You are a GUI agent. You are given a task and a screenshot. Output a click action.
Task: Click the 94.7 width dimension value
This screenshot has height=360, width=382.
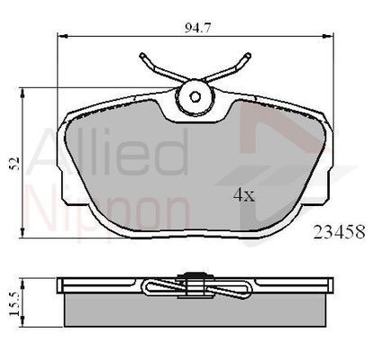click(198, 28)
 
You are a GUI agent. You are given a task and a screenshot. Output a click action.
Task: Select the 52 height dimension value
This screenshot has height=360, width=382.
click(14, 163)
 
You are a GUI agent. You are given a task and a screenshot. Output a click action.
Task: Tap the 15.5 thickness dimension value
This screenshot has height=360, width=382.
click(14, 304)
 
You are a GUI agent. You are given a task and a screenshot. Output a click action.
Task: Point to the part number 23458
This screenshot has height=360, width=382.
click(340, 232)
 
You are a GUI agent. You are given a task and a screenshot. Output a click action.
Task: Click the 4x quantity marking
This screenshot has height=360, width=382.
click(244, 195)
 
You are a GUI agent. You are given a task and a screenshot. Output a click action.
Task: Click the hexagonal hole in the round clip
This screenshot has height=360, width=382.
click(196, 96)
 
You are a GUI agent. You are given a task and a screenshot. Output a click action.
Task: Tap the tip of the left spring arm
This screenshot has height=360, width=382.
click(142, 55)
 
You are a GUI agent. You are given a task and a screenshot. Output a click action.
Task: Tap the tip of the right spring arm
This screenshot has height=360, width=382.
click(248, 55)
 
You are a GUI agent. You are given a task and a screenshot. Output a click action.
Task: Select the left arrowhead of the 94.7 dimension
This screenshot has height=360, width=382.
click(62, 36)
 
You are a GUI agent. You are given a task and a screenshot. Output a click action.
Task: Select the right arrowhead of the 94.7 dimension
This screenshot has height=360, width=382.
click(329, 36)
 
